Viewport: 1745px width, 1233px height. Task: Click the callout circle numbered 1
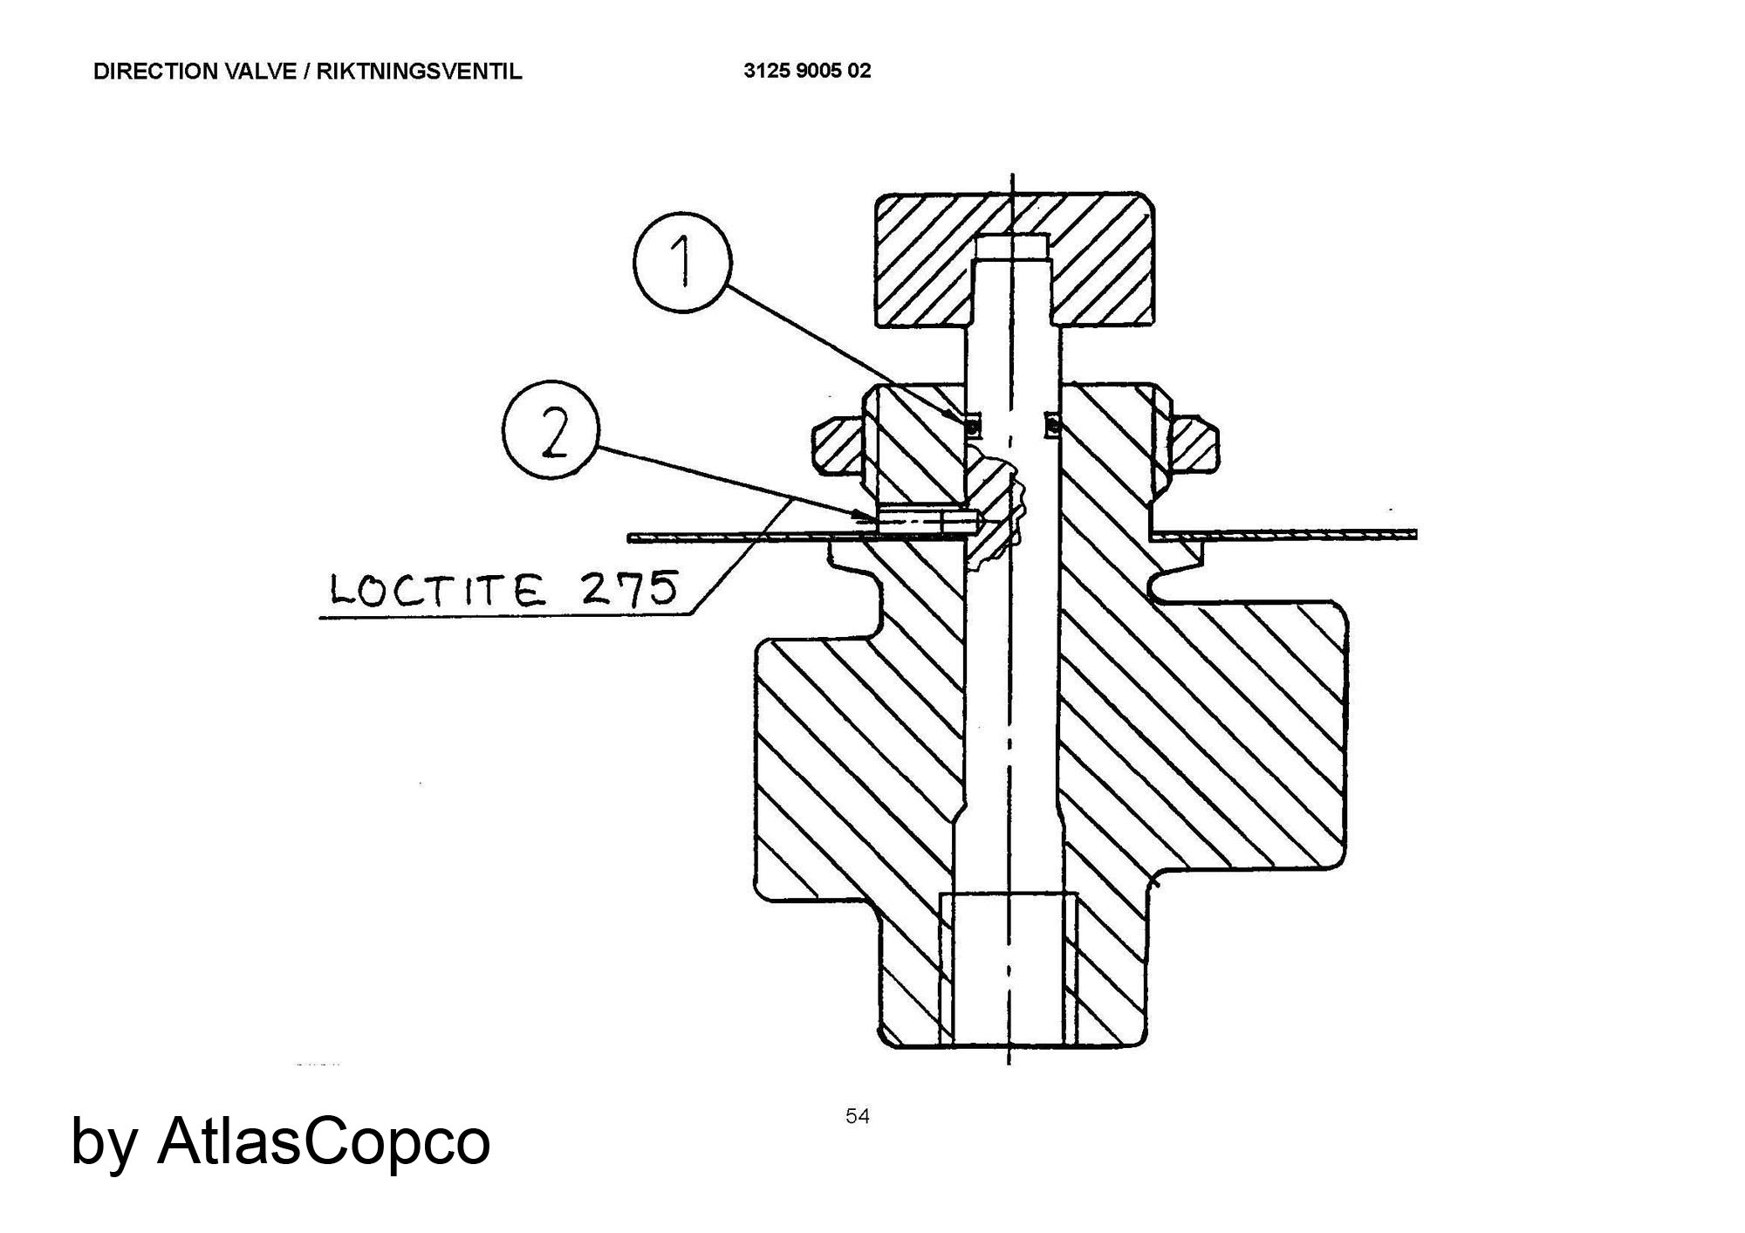682,262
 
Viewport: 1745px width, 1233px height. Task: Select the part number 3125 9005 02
807,71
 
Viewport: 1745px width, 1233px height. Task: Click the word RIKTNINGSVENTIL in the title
419,72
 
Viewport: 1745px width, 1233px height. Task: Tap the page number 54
858,1116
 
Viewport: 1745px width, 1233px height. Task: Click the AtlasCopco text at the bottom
324,1141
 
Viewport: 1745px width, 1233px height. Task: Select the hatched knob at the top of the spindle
1015,260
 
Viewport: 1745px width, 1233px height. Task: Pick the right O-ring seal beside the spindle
1053,425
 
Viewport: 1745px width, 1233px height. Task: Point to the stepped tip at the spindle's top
1012,248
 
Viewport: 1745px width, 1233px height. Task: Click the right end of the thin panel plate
1415,535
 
